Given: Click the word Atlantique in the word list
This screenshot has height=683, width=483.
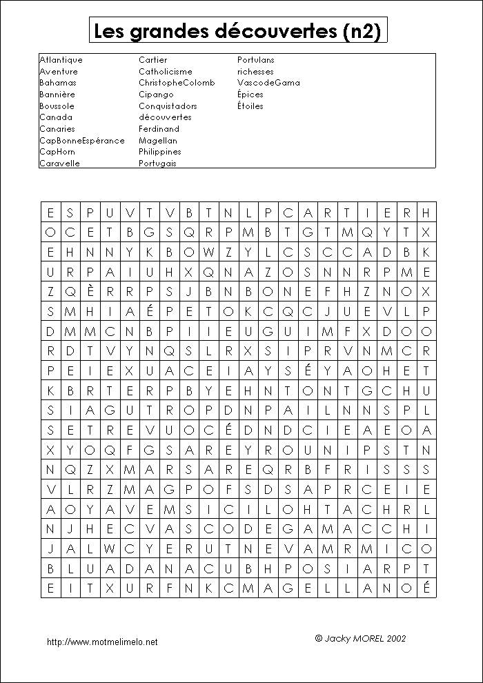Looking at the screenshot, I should (61, 60).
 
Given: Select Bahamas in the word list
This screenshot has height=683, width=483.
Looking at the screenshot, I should (58, 83).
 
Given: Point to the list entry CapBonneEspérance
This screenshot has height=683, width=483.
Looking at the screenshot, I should (82, 140).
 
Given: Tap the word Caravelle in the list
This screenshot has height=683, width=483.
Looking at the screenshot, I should (59, 164).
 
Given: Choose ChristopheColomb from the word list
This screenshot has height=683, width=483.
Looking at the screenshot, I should (177, 83).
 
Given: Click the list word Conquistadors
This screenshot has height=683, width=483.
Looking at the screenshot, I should (168, 106).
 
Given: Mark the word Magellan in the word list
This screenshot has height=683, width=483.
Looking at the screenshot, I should (158, 140).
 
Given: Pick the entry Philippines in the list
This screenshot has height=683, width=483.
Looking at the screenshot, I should (160, 152).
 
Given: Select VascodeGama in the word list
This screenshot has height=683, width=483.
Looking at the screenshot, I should (268, 83).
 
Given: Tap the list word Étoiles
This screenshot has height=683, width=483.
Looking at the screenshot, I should (250, 106).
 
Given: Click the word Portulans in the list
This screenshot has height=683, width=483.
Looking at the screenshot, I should (256, 60).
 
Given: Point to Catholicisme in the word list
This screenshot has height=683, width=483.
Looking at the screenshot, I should (166, 72).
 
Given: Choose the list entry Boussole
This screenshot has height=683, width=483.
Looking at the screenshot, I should (57, 106).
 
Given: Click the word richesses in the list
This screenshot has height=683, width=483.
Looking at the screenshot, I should (255, 72).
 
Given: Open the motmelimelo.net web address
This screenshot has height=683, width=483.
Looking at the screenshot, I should (102, 642).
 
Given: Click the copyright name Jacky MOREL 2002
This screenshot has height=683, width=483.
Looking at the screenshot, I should (360, 639).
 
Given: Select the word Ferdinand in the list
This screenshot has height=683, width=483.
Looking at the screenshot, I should (159, 129).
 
